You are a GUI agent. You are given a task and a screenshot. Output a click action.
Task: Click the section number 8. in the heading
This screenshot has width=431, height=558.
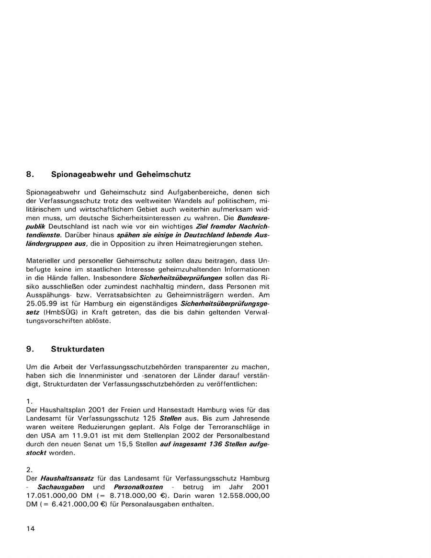[29, 174]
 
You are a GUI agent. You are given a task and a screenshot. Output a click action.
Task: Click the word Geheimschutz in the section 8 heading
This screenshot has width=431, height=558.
[163, 174]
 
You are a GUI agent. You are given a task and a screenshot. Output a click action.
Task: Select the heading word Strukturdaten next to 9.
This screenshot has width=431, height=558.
[78, 349]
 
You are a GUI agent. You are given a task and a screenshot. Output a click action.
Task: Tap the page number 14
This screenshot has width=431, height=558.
[31, 529]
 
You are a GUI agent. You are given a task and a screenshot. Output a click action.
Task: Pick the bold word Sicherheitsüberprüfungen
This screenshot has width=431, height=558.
[181, 278]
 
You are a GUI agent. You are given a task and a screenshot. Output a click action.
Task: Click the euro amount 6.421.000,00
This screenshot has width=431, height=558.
[75, 504]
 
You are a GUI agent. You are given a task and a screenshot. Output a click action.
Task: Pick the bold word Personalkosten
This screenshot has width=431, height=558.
[139, 487]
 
